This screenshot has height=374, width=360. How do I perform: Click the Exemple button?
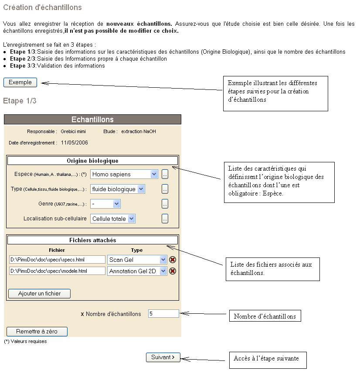(20, 82)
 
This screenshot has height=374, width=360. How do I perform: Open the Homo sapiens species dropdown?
(124, 174)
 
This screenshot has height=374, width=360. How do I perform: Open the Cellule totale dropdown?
(113, 219)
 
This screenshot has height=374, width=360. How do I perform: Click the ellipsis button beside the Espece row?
(165, 174)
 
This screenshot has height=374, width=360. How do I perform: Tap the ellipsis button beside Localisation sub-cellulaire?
(165, 219)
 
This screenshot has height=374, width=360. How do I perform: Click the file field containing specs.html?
(57, 260)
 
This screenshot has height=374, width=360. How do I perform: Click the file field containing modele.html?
(57, 271)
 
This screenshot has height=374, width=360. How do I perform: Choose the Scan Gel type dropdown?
(137, 260)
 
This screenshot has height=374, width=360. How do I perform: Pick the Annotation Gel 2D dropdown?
(137, 271)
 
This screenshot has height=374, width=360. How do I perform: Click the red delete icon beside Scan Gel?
(173, 260)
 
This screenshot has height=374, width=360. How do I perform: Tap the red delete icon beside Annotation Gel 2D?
(173, 271)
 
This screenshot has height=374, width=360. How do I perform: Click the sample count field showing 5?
(163, 313)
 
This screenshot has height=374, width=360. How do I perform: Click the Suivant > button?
(163, 357)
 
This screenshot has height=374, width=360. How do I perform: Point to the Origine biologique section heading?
(92, 161)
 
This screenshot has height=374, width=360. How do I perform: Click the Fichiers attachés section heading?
(92, 240)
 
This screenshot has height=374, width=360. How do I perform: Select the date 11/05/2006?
(75, 142)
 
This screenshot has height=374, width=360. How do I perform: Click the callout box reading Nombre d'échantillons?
(265, 316)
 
